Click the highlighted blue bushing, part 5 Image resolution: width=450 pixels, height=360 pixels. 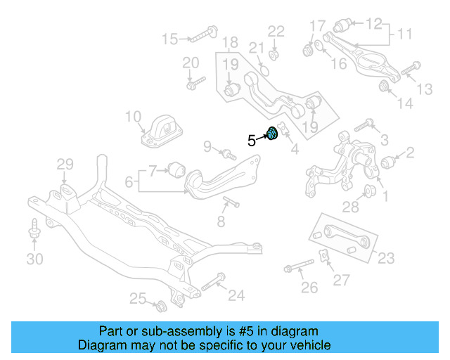pyautogui.click(x=274, y=133)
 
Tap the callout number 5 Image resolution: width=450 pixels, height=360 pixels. pyautogui.click(x=251, y=141)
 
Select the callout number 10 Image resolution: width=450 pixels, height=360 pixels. pyautogui.click(x=134, y=117)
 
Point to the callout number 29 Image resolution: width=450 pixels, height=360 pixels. pyautogui.click(x=65, y=165)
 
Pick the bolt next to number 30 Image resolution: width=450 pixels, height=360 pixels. pyautogui.click(x=34, y=231)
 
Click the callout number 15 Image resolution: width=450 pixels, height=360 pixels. pyautogui.click(x=171, y=38)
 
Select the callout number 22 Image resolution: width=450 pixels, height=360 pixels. pyautogui.click(x=276, y=31)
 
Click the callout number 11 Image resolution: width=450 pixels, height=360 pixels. pyautogui.click(x=404, y=34)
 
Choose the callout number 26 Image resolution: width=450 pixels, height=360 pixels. pyautogui.click(x=309, y=287)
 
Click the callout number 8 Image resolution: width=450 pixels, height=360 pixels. pyautogui.click(x=221, y=222)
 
